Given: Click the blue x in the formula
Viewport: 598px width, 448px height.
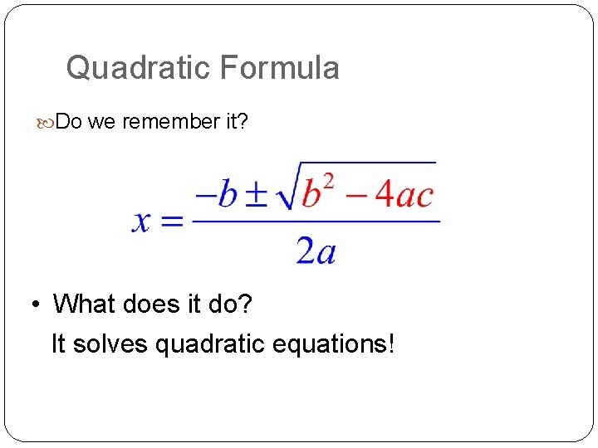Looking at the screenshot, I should tap(142, 221).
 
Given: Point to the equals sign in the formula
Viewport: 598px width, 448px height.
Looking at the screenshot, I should tap(171, 222).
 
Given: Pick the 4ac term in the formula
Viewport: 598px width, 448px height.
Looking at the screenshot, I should tap(404, 194).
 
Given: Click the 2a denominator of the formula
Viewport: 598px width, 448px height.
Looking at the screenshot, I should tap(316, 249).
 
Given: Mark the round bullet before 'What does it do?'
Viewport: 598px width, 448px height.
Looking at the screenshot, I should tap(37, 305).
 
